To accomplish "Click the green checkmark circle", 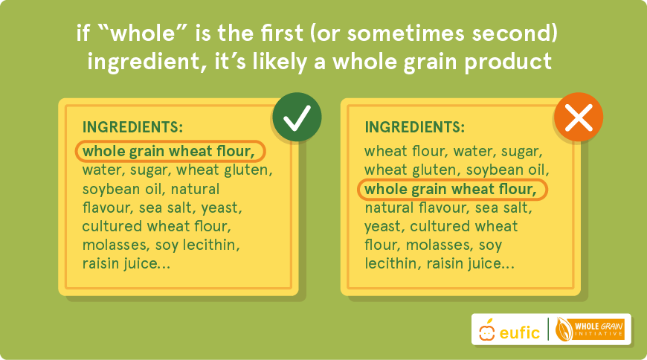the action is click(x=297, y=117).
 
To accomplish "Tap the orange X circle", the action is click(x=579, y=117).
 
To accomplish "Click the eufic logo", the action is click(x=509, y=330).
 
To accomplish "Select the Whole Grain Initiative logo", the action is click(x=590, y=330).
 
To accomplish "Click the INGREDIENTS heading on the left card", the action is click(x=132, y=127).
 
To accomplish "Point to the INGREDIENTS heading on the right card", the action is click(x=415, y=127).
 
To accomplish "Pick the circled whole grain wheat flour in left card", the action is click(x=170, y=151).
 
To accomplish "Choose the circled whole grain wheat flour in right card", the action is click(x=452, y=190).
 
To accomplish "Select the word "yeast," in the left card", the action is click(x=222, y=208).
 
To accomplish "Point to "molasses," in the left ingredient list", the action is click(x=115, y=245).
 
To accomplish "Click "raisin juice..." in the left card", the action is click(x=126, y=263).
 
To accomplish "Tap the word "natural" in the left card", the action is click(x=195, y=190).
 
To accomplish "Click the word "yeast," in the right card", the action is click(x=385, y=227).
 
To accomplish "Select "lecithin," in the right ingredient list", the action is click(x=393, y=264).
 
